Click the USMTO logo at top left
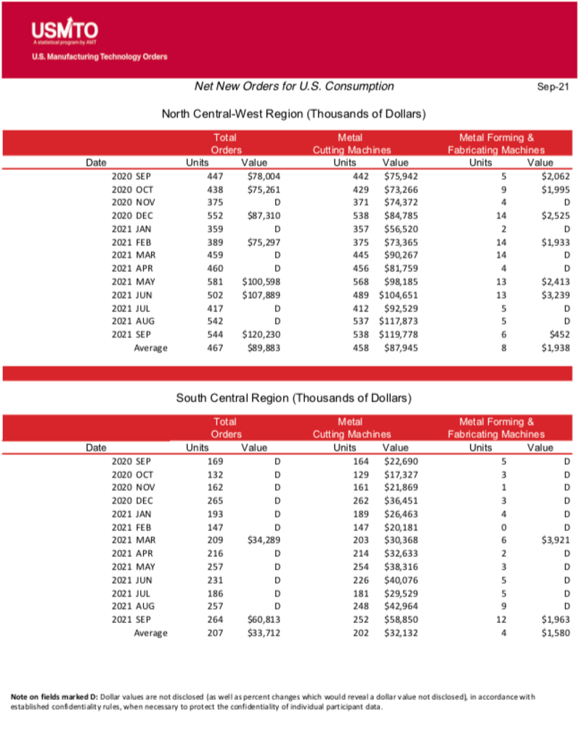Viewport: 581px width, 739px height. (65, 32)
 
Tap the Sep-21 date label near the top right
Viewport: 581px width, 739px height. (552, 87)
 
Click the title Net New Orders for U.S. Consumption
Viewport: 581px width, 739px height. (294, 86)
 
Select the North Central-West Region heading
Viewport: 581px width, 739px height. (293, 114)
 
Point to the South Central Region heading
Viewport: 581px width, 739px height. (293, 399)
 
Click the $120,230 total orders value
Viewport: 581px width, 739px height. (261, 335)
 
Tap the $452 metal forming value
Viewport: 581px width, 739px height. (557, 335)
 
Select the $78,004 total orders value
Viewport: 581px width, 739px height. (264, 176)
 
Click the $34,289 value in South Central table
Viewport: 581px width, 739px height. (264, 540)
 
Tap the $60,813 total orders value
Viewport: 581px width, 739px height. (264, 619)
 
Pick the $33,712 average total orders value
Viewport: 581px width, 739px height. (264, 633)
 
